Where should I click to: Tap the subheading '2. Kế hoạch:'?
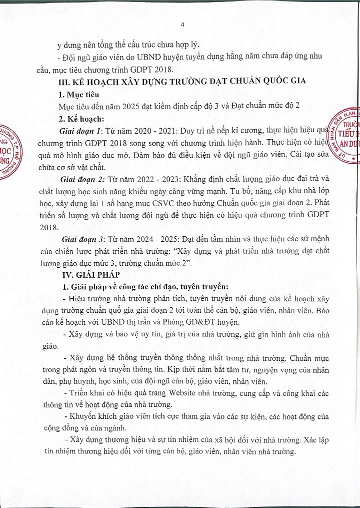point(81,119)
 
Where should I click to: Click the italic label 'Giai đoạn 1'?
point(80,131)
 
